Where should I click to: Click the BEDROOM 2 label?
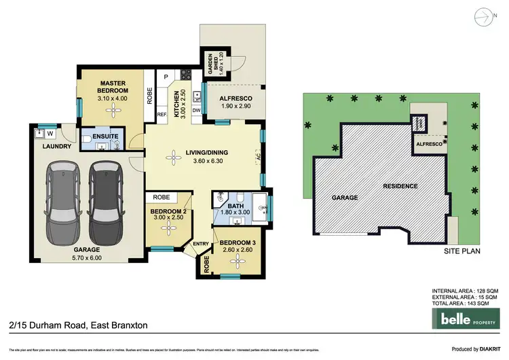pyautogui.click(x=166, y=215)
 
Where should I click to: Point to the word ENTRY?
pyautogui.click(x=201, y=243)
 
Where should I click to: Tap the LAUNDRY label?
pyautogui.click(x=53, y=146)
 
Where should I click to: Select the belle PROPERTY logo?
pyautogui.click(x=468, y=318)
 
